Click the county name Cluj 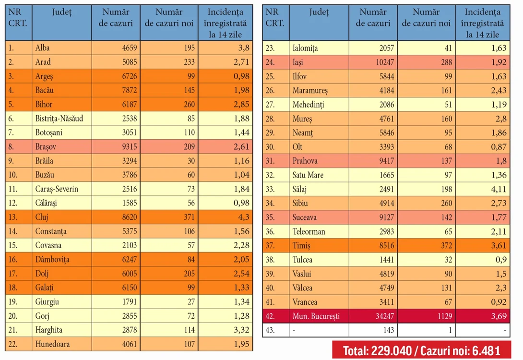point(42,217)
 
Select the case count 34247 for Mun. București point(385,316)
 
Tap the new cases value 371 point(189,217)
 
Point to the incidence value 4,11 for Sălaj point(499,189)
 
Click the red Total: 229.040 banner point(422,351)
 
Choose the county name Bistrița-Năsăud point(59,119)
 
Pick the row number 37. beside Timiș point(270,246)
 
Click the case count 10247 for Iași point(385,62)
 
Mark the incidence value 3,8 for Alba point(244,48)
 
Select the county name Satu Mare point(308,175)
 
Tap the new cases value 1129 point(445,316)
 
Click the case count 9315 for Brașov point(130,146)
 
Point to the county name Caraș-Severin point(57,189)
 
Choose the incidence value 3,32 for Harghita point(241,330)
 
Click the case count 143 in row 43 point(389,330)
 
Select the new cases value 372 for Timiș point(446,246)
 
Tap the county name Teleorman point(309,231)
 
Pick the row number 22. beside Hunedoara point(13,344)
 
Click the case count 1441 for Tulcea point(387,260)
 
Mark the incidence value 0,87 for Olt point(499,147)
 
